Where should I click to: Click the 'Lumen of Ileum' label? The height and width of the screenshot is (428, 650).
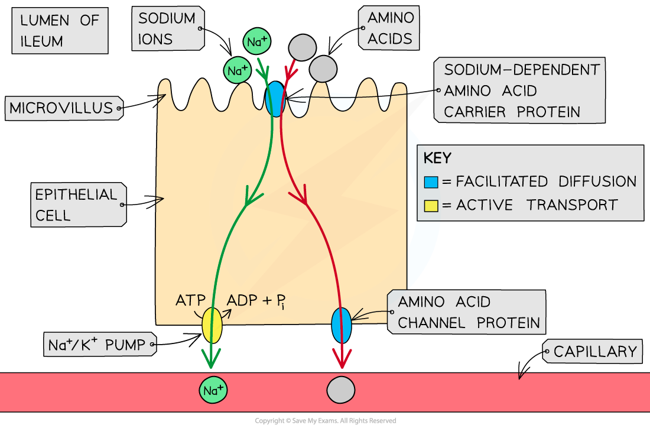pos(60,30)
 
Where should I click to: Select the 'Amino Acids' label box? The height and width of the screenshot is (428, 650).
pos(389,28)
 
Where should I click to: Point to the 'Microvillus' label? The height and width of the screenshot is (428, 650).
pos(62,108)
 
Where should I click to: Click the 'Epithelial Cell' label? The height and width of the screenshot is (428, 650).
pos(77,204)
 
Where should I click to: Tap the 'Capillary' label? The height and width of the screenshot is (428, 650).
pos(594,352)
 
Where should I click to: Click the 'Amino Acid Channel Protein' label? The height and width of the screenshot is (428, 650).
pos(468,312)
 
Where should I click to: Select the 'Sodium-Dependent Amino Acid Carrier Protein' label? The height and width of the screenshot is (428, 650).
pos(520,90)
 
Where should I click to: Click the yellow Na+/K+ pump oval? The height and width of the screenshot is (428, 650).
pos(212,325)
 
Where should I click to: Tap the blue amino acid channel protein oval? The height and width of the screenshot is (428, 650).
pos(341,325)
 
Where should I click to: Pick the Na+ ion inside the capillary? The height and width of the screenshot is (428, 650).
pos(213,390)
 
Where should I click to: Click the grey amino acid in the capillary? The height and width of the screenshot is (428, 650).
pos(341,390)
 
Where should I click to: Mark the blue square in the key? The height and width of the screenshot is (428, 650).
pos(431,181)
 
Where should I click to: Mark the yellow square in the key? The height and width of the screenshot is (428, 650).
pos(431,206)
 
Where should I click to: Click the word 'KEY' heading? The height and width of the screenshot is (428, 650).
pos(437,158)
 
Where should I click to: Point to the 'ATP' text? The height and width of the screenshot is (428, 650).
pos(190,300)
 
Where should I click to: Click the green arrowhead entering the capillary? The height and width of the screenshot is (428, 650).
pos(212,359)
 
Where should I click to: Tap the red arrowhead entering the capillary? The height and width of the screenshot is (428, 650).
pos(341,359)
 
